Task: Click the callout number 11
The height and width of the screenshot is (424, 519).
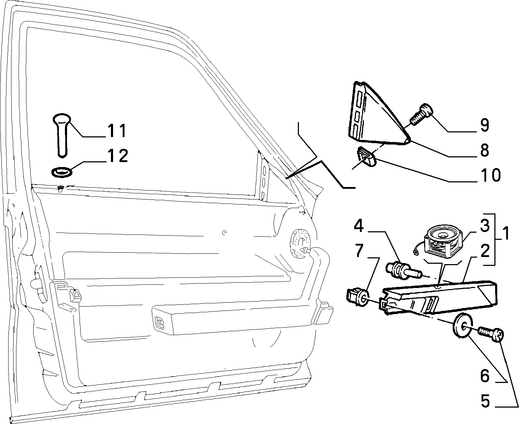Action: (x=117, y=131)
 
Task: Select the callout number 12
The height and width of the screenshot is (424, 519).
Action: (x=118, y=156)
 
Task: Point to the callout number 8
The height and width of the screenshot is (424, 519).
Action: (x=484, y=150)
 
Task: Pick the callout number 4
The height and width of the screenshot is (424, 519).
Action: (x=358, y=226)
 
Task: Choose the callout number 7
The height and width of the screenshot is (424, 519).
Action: (x=359, y=251)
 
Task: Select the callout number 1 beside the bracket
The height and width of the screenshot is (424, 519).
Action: (x=505, y=233)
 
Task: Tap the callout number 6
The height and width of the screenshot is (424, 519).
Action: (x=485, y=376)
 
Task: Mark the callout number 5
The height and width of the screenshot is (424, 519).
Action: (x=485, y=402)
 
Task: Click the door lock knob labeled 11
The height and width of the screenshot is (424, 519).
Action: (x=62, y=135)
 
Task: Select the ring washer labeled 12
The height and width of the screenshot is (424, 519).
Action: (x=62, y=172)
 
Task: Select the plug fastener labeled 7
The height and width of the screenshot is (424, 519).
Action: (x=357, y=298)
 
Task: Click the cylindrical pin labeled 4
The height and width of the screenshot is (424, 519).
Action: (x=403, y=271)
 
